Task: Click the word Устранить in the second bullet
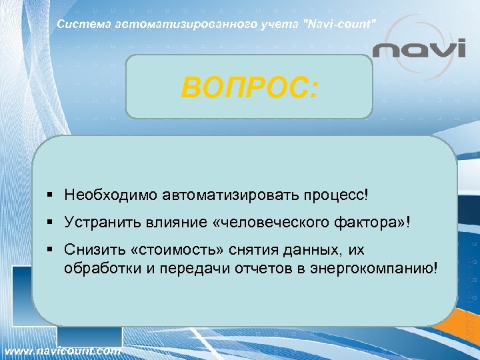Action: tap(99, 222)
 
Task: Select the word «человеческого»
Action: tap(275, 222)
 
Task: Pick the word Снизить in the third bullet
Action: tap(92, 249)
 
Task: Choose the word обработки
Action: tap(99, 267)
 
